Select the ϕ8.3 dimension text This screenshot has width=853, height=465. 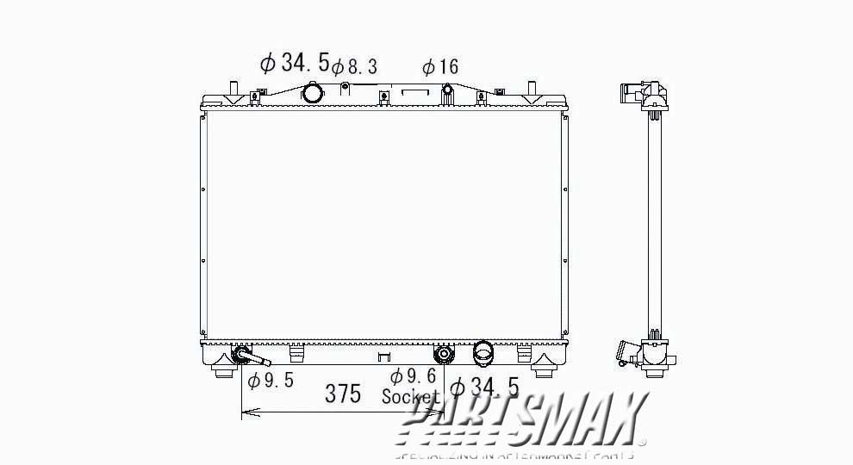(x=354, y=66)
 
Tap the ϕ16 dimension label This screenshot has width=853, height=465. (x=439, y=67)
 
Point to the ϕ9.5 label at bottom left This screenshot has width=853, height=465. (x=271, y=381)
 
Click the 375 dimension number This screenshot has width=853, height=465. (x=344, y=394)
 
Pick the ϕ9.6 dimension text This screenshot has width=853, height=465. (x=410, y=376)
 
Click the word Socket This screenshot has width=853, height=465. (x=410, y=397)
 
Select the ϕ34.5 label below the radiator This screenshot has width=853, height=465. (x=484, y=387)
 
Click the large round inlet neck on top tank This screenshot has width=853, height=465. (x=312, y=91)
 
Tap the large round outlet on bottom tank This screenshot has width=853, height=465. (x=483, y=352)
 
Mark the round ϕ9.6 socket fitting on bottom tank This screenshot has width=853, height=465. (x=444, y=353)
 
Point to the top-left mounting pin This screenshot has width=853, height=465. (x=232, y=89)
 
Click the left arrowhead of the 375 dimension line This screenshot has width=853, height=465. (x=246, y=413)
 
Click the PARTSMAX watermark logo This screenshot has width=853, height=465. (x=526, y=422)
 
